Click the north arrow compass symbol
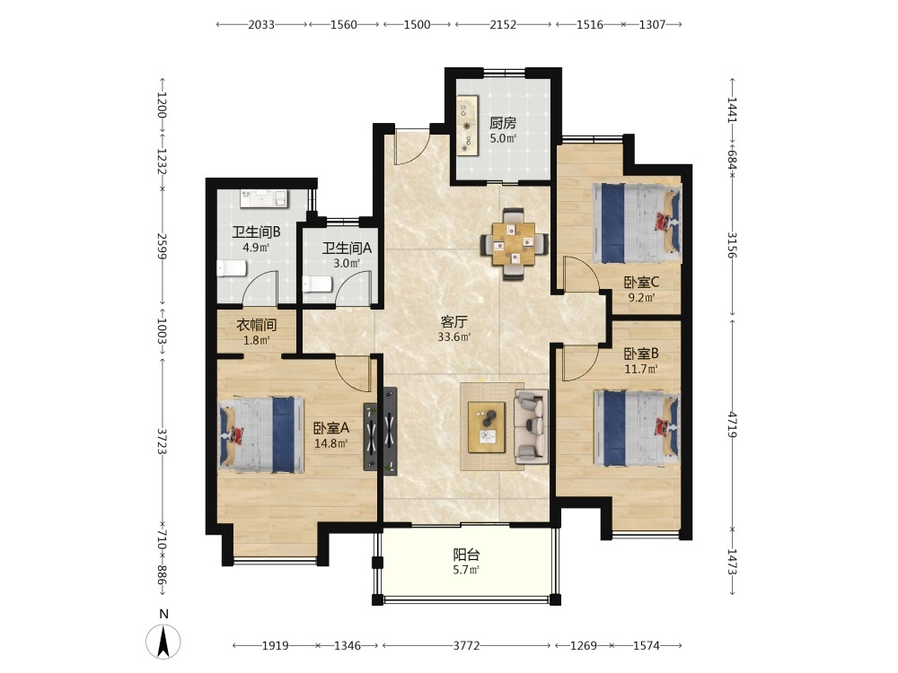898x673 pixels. (x=163, y=642)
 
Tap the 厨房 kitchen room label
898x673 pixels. (x=503, y=123)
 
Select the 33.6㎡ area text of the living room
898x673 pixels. (x=454, y=337)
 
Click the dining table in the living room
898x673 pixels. (x=515, y=244)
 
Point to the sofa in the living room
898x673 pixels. (x=531, y=426)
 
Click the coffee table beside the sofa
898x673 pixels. (x=487, y=427)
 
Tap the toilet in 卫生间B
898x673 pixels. (x=232, y=268)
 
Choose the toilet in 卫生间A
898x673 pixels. (x=317, y=284)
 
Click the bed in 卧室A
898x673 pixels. (x=261, y=435)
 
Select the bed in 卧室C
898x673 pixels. (x=637, y=223)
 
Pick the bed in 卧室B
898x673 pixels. (x=637, y=429)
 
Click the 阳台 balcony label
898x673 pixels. (x=466, y=555)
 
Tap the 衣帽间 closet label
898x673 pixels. (x=257, y=325)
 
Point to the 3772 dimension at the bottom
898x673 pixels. (x=466, y=646)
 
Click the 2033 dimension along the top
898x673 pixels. (x=261, y=24)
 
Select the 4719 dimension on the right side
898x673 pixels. (x=731, y=424)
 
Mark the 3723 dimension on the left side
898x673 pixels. (x=162, y=441)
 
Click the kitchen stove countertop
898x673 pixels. (x=468, y=124)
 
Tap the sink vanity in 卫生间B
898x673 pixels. (x=264, y=198)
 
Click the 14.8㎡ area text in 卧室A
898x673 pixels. (x=331, y=443)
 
